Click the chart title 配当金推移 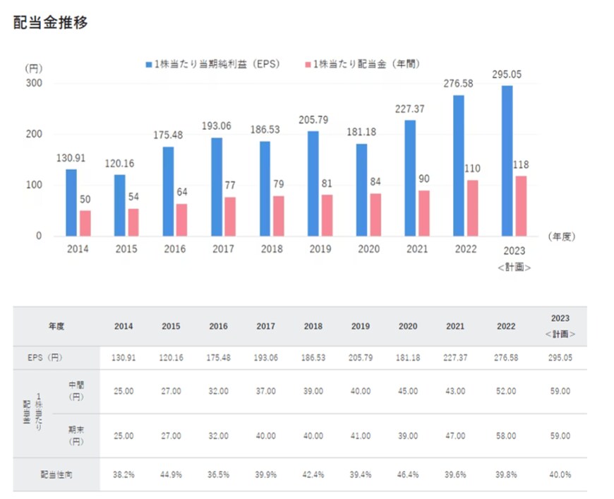click(x=50, y=23)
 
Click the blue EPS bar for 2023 click(x=506, y=161)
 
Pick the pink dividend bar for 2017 click(x=229, y=217)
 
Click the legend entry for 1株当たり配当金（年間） click(x=366, y=64)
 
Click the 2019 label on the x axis click(x=320, y=249)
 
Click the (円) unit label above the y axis click(x=34, y=68)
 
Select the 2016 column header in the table click(x=219, y=327)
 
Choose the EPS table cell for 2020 click(x=408, y=358)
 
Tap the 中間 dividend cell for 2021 click(x=455, y=391)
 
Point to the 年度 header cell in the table click(x=56, y=327)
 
